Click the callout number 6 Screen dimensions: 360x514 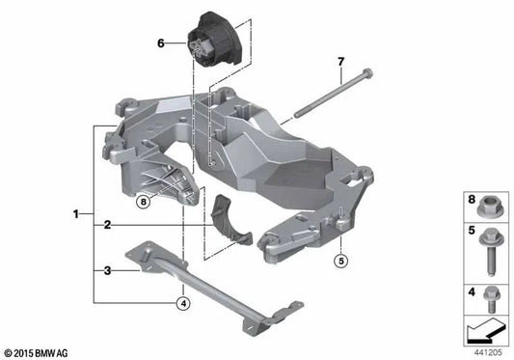[162, 43]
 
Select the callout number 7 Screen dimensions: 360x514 [340, 63]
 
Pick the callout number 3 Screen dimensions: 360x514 [108, 272]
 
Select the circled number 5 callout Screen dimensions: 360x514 [340, 260]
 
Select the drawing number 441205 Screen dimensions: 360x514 [490, 352]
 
